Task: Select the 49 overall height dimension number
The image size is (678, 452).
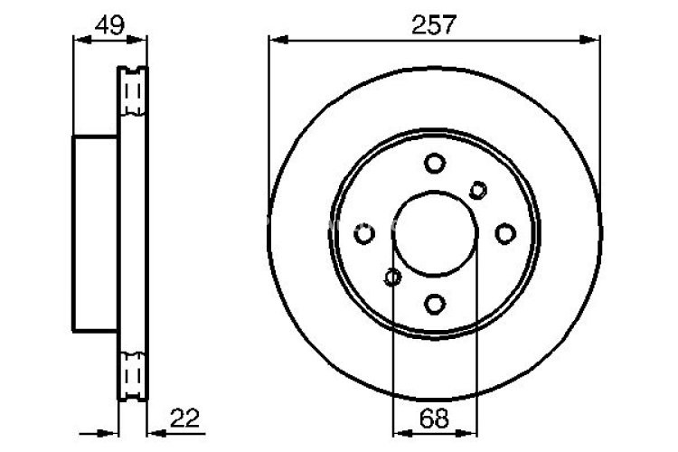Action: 109,25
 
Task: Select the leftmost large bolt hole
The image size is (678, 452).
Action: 364,233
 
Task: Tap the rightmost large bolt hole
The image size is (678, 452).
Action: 505,233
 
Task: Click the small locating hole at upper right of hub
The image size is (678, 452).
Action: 478,189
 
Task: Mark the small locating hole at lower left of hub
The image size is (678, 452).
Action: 392,277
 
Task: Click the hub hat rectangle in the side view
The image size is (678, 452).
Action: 96,233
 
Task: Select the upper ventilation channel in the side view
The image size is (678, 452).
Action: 133,90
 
